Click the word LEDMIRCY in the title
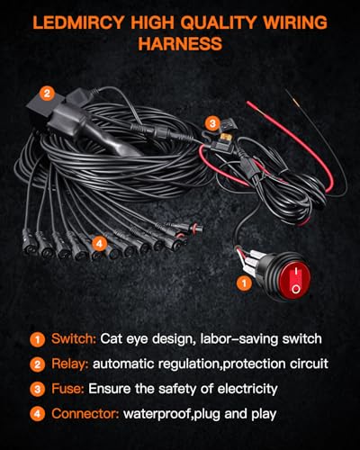tap(78, 22)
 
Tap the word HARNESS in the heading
tap(180, 44)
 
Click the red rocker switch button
tap(295, 277)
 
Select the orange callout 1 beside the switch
tap(244, 283)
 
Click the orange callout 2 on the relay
tap(47, 94)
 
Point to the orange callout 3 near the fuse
tap(212, 123)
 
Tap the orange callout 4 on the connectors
tap(99, 244)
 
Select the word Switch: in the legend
tap(74, 338)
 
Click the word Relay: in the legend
tap(70, 364)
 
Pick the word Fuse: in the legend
tap(67, 389)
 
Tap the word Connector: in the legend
tap(85, 414)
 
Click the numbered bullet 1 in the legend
tap(37, 339)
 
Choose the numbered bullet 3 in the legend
tap(37, 390)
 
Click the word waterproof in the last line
tap(157, 414)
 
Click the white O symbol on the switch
tap(295, 289)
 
